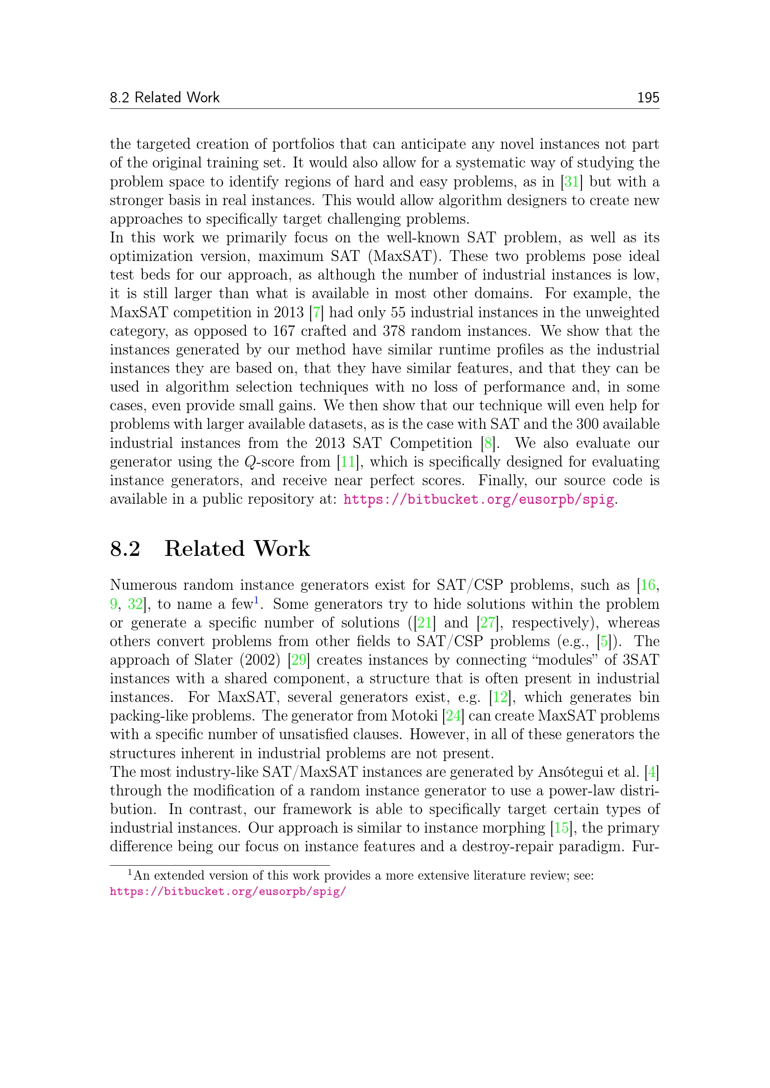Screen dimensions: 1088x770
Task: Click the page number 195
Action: tap(648, 98)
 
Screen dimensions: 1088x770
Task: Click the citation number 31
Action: tap(571, 182)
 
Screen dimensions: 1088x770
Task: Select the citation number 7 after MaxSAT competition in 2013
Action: tap(316, 313)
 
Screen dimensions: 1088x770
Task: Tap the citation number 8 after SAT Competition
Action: tap(488, 444)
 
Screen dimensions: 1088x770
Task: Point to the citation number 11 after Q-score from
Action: tap(348, 462)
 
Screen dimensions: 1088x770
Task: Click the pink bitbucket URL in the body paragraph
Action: tap(479, 500)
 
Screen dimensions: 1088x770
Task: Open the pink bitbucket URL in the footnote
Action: tap(228, 892)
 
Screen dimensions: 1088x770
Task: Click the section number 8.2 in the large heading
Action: tap(125, 549)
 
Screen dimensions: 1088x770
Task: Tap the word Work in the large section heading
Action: tap(282, 549)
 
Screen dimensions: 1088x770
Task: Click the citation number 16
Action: tap(648, 586)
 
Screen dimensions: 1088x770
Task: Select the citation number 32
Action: tap(135, 604)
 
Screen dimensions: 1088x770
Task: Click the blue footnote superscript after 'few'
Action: tap(256, 601)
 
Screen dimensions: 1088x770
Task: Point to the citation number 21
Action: tap(425, 623)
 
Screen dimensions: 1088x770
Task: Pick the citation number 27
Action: tap(487, 623)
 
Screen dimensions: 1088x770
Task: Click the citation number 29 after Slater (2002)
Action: tap(299, 660)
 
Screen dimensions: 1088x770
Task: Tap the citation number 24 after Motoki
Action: tap(453, 716)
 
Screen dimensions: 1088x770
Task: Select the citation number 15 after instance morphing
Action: tap(561, 828)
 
